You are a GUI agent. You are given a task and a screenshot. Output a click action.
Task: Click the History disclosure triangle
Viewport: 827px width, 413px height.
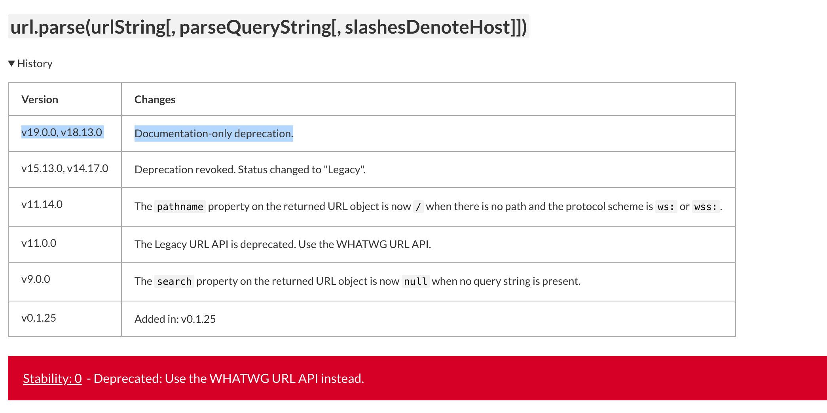coord(11,63)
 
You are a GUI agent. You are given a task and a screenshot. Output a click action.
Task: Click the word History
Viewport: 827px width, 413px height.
coord(35,64)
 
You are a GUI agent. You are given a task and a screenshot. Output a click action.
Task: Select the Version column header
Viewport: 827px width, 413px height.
coord(40,100)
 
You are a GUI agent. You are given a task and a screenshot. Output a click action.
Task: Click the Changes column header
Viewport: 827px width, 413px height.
coord(155,100)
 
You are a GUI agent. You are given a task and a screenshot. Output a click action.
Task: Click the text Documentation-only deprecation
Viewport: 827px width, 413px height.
coord(214,134)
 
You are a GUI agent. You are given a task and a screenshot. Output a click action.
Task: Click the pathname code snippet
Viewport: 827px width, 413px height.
coord(180,206)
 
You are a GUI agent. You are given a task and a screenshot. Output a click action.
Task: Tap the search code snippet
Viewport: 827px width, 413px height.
coord(174,281)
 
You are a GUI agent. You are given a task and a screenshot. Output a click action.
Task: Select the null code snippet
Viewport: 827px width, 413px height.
coord(415,281)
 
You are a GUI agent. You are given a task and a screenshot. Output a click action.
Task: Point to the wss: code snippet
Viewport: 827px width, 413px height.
coord(706,206)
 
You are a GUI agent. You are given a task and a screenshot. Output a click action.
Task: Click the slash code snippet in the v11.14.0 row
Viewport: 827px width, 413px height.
coord(418,206)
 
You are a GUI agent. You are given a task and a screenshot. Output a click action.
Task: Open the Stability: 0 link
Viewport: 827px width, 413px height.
coord(52,379)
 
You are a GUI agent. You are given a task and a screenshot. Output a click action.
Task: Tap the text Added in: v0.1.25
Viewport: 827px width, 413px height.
coord(175,319)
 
